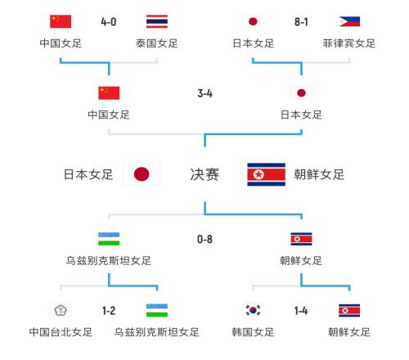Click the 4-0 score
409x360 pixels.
point(109,22)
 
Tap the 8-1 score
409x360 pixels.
point(301,22)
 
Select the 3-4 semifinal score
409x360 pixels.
point(204,93)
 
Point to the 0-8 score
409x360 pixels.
point(204,239)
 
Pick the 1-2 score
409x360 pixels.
point(109,311)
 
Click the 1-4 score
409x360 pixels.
point(301,311)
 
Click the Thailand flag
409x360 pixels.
point(157,21)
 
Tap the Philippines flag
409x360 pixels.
point(349,21)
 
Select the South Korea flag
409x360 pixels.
point(253,310)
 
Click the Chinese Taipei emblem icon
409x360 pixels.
point(61,310)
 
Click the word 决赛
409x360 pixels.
point(204,174)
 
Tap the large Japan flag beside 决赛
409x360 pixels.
point(142,174)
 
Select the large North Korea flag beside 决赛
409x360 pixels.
point(266,174)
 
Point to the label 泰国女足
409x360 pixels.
point(157,43)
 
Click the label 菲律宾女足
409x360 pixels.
point(349,43)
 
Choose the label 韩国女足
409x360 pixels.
point(253,332)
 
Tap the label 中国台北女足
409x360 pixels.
point(61,332)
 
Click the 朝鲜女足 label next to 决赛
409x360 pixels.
point(319,174)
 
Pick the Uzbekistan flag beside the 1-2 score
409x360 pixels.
point(157,310)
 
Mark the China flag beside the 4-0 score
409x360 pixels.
point(61,21)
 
